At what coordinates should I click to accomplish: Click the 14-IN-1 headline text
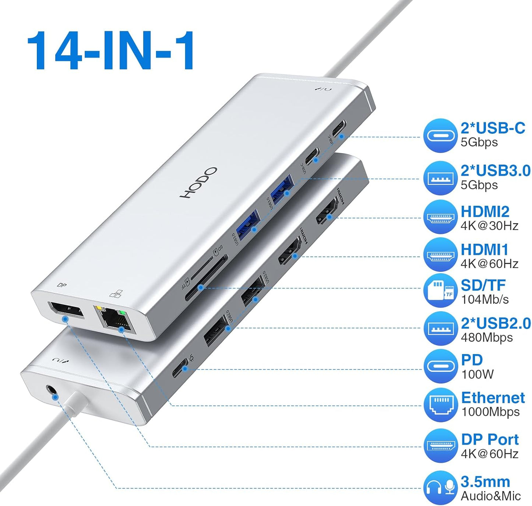[110, 50]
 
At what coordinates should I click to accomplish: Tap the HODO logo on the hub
[198, 183]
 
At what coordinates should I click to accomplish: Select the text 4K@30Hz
[489, 226]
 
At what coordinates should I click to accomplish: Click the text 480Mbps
[487, 337]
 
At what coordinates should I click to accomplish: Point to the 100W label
[477, 375]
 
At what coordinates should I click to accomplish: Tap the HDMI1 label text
[485, 250]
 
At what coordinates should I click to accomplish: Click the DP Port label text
[490, 439]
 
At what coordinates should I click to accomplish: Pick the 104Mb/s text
[485, 299]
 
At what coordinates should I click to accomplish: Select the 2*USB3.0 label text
[496, 171]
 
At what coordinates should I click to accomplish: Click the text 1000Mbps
[490, 412]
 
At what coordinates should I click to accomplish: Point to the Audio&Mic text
[491, 496]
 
